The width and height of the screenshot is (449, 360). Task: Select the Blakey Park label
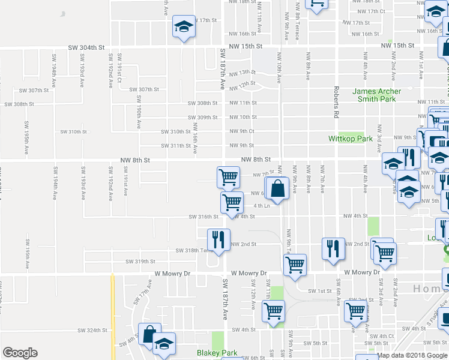coord(217,353)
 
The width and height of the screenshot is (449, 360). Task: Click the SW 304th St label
coord(86,47)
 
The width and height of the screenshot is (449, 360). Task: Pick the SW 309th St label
coord(202,118)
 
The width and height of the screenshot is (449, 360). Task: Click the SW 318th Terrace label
coord(194,251)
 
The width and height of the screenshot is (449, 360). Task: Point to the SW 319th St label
coord(140,262)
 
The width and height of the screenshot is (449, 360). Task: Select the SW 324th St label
coord(91,330)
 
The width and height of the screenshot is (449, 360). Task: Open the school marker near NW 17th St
coord(184,27)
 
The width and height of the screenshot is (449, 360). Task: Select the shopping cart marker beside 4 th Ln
coord(232,203)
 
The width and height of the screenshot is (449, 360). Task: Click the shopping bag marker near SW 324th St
coord(149,334)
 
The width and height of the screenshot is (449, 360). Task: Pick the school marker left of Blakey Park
coord(164,344)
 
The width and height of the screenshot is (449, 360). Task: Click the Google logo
coord(20,353)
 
